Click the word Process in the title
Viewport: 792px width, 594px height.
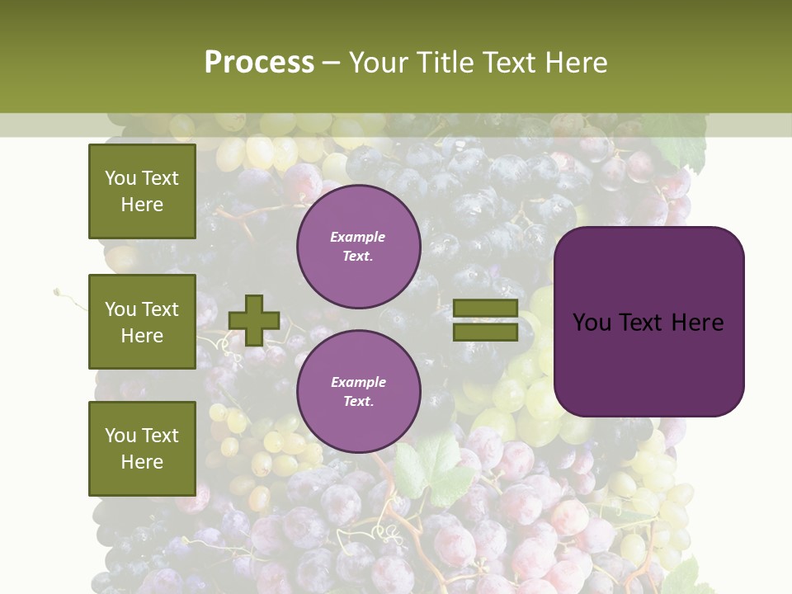coord(259,62)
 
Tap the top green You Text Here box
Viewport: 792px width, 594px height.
coord(142,191)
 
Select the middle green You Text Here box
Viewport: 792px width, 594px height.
coord(142,322)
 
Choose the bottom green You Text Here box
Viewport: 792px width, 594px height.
coord(142,448)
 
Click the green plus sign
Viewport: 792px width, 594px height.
coord(254,320)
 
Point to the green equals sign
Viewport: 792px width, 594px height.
coord(486,320)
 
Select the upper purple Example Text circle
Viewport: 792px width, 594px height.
coord(359,247)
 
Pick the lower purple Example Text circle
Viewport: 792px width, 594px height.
coord(359,392)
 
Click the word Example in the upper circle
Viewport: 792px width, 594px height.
coord(358,237)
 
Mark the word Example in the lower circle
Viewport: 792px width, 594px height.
coord(358,382)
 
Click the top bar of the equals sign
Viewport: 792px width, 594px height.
coord(486,309)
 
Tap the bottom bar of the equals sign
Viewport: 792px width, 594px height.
coord(486,332)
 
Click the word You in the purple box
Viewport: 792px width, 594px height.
coord(592,323)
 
